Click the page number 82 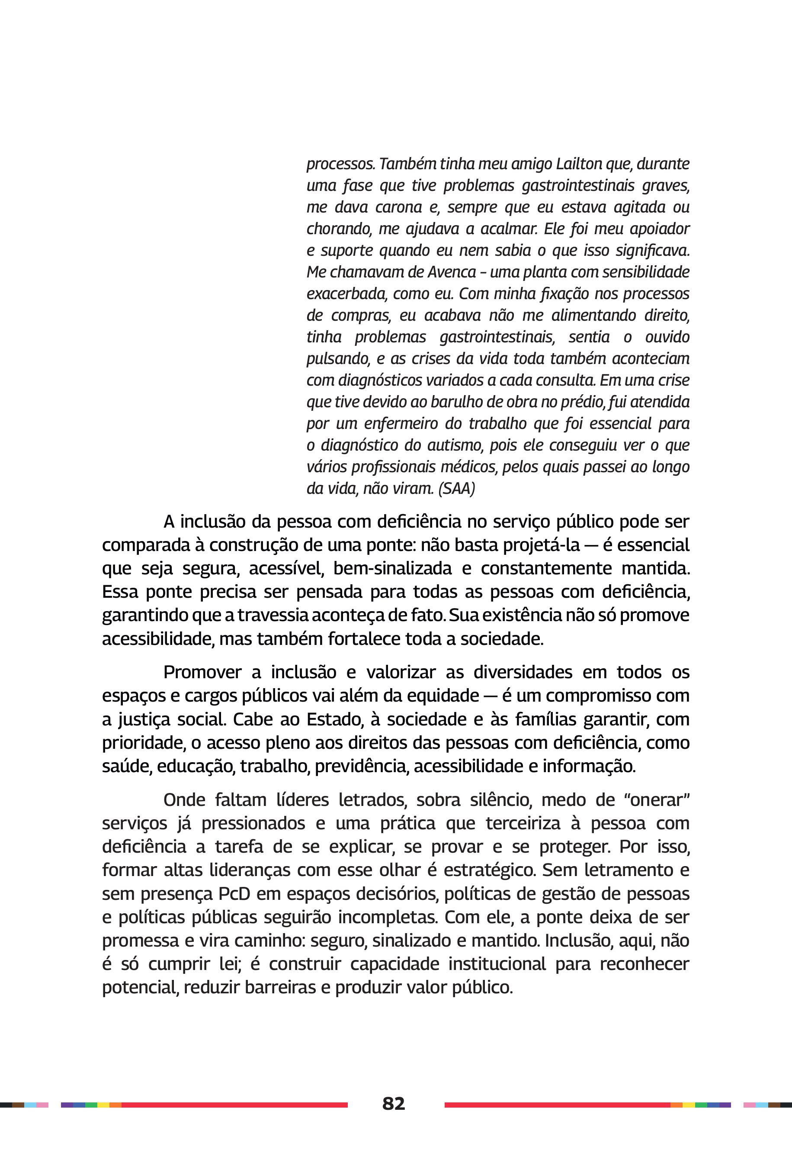point(394,1103)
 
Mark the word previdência point(361,766)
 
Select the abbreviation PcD point(234,893)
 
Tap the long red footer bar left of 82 point(234,1105)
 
